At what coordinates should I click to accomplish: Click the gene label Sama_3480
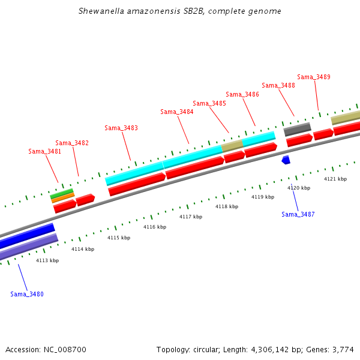click(27, 294)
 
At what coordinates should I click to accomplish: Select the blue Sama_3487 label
click(298, 214)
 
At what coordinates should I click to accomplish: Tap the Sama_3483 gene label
click(121, 128)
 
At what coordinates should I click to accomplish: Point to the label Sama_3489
click(314, 77)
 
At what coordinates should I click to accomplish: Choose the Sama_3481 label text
click(45, 151)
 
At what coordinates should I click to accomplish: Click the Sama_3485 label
click(209, 103)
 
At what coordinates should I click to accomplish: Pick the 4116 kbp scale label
click(154, 227)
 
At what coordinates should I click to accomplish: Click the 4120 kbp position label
click(299, 188)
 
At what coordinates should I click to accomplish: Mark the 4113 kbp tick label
click(47, 260)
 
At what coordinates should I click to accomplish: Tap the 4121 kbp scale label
click(335, 179)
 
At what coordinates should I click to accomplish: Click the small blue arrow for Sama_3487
click(286, 160)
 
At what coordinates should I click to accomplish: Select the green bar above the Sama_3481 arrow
click(62, 193)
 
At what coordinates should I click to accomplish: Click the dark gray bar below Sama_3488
click(297, 128)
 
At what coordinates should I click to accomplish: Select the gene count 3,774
click(343, 349)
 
